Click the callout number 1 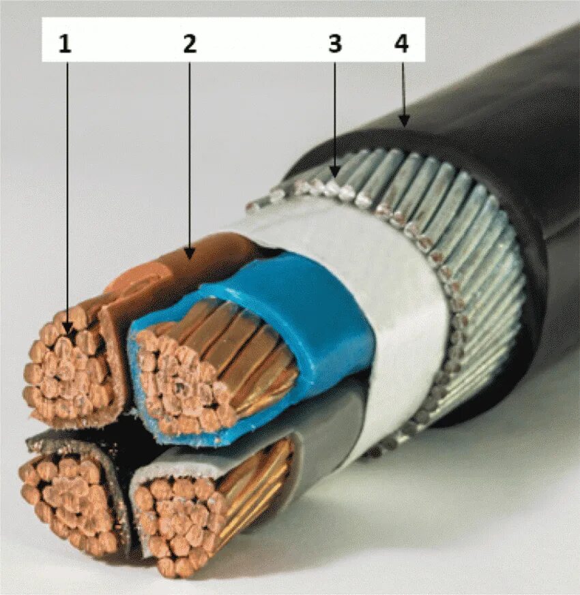pos(65,44)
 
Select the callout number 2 pos(189,44)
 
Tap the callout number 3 pos(334,44)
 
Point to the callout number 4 pos(401,44)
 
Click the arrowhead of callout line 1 pos(68,334)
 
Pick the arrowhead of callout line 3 pos(334,174)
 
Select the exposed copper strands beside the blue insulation pos(252,354)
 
